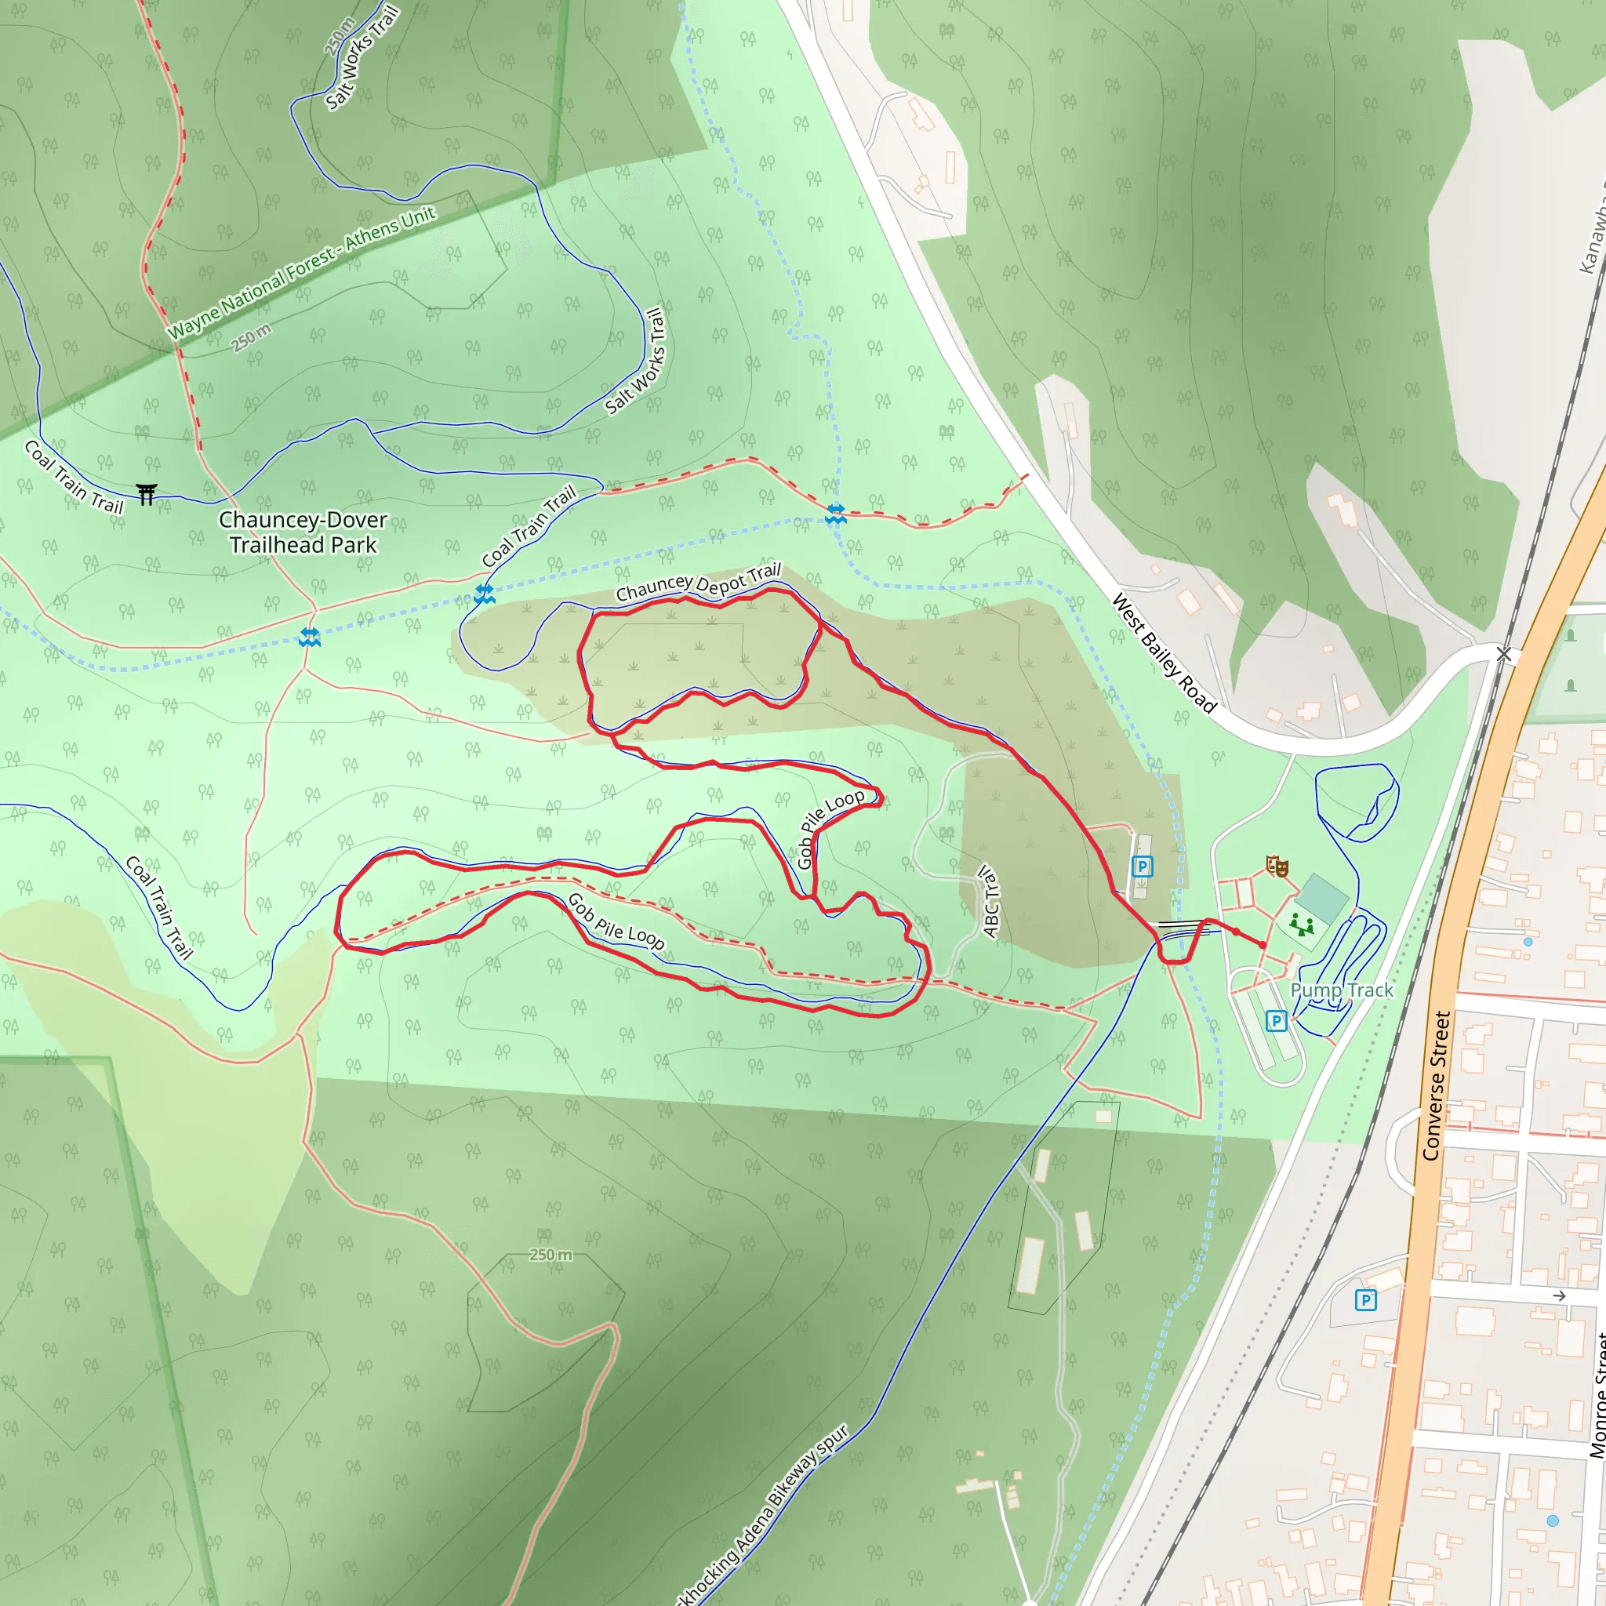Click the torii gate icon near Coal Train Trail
coord(147,495)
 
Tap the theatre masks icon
coord(1277,867)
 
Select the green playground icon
coord(1301,925)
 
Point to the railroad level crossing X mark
coord(1504,655)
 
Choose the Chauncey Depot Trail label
coord(698,583)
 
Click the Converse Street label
coord(1436,1085)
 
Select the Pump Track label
coord(1341,990)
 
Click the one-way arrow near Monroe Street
coord(1560,1296)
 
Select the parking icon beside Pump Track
coord(1277,1021)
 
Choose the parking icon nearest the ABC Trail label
coord(1142,867)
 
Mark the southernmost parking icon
coord(1365,1300)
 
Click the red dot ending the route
coord(1263,945)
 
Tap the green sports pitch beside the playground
coord(1321,899)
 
